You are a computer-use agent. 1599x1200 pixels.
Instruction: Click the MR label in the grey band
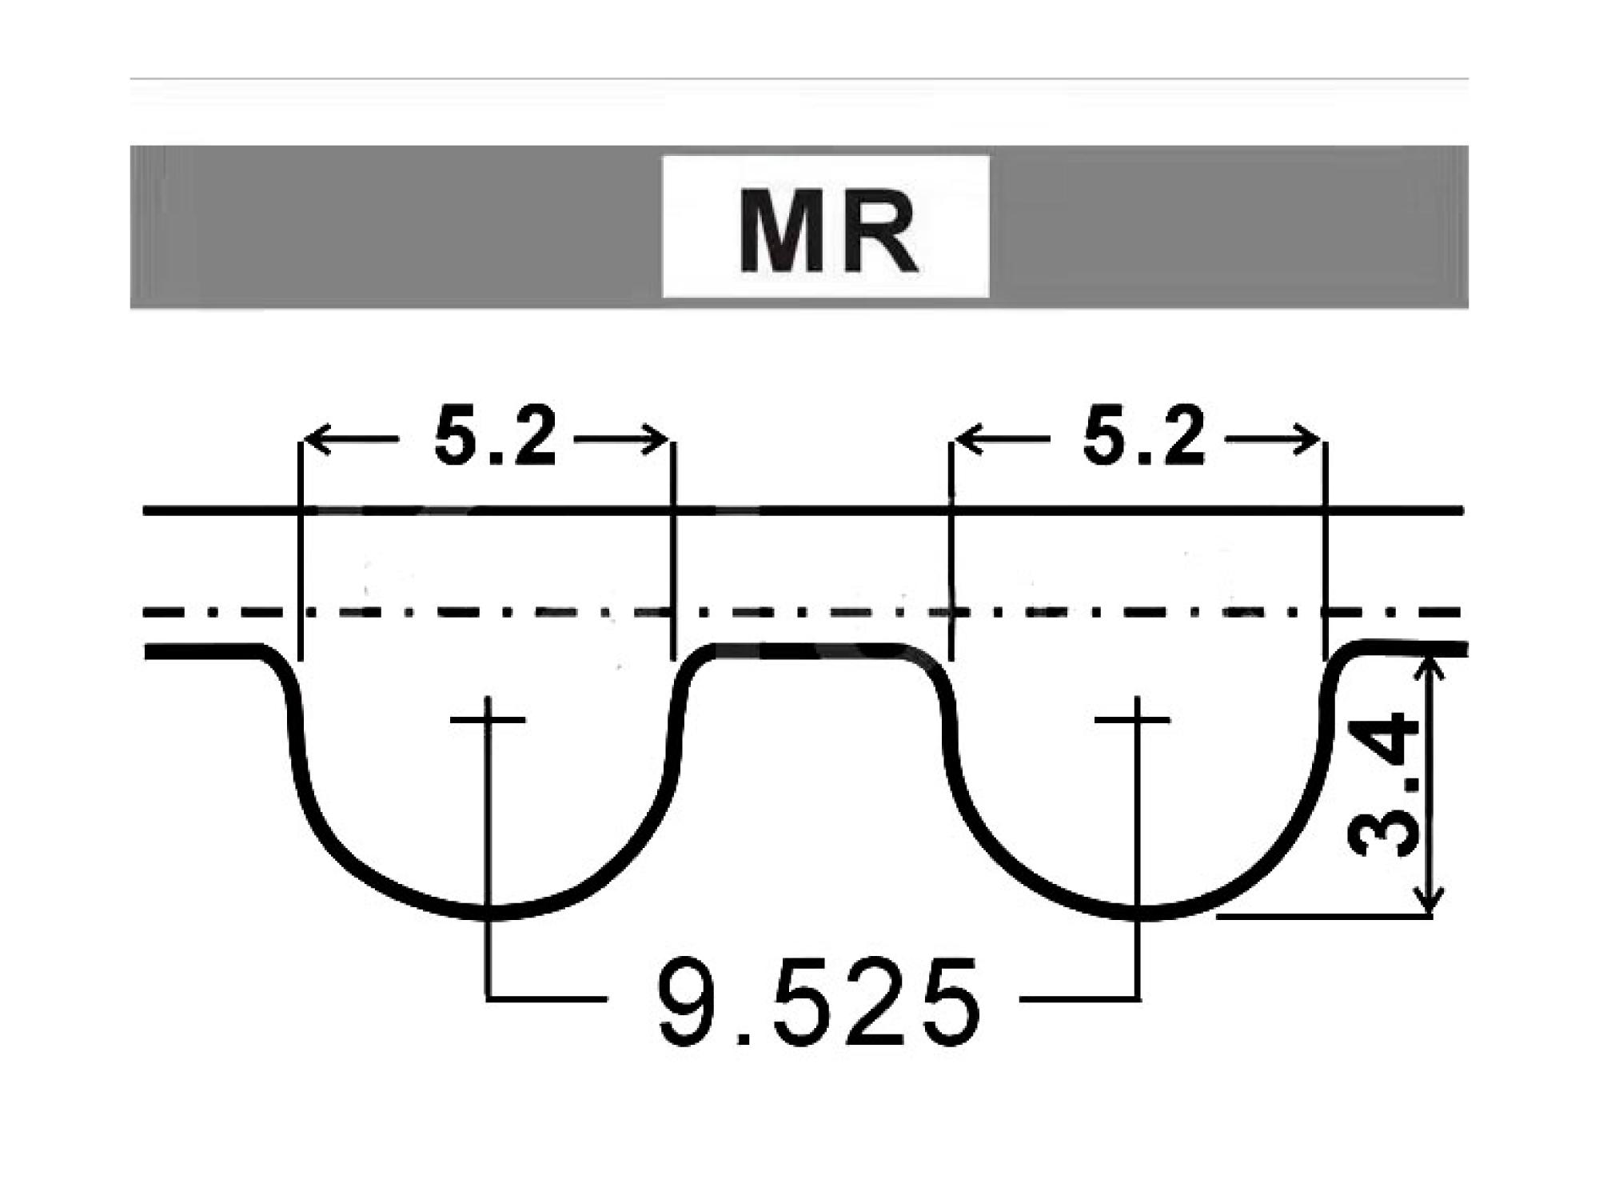827,233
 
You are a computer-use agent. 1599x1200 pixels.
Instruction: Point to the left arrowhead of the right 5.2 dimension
968,439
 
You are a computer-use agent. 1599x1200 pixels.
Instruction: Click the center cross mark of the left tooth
488,720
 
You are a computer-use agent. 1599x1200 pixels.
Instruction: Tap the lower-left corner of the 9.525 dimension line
488,998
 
